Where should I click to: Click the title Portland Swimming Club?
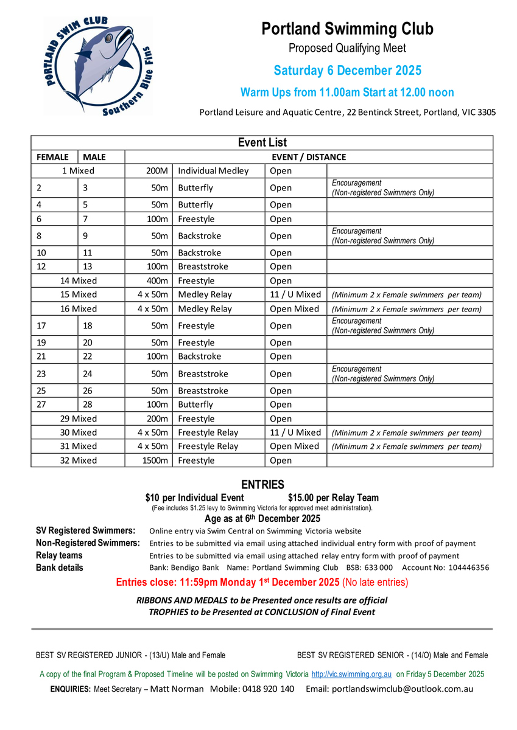[347, 29]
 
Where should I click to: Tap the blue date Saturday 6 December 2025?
[347, 71]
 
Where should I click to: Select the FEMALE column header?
[53, 157]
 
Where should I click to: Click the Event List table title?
[262, 143]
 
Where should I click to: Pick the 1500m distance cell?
[155, 461]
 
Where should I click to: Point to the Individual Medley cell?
[213, 171]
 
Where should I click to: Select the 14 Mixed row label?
[78, 281]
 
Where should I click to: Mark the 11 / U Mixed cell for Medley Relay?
[295, 294]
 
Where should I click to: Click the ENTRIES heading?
[262, 485]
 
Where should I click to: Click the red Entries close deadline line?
[262, 582]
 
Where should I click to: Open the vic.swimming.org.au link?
[352, 674]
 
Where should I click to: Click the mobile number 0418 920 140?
[269, 689]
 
